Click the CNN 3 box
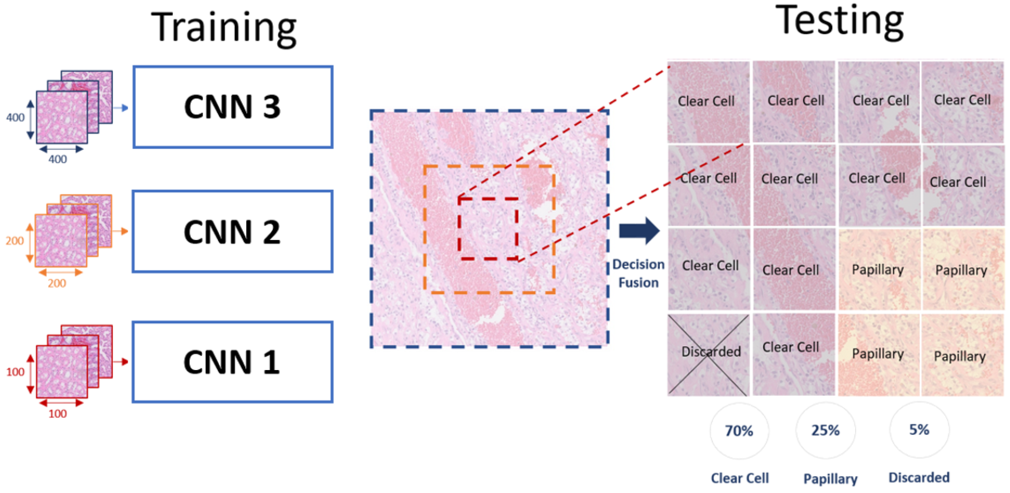232,107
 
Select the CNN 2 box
232,231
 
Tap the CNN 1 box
232,362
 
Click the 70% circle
739,431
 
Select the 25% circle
825,431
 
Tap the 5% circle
919,429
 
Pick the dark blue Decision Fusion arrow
639,231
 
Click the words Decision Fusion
638,274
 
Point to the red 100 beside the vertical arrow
15,372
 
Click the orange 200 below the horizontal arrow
57,283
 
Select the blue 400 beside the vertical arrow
15,117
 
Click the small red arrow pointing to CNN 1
121,362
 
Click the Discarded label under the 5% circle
919,477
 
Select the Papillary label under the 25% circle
830,478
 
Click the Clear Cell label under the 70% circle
739,478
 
